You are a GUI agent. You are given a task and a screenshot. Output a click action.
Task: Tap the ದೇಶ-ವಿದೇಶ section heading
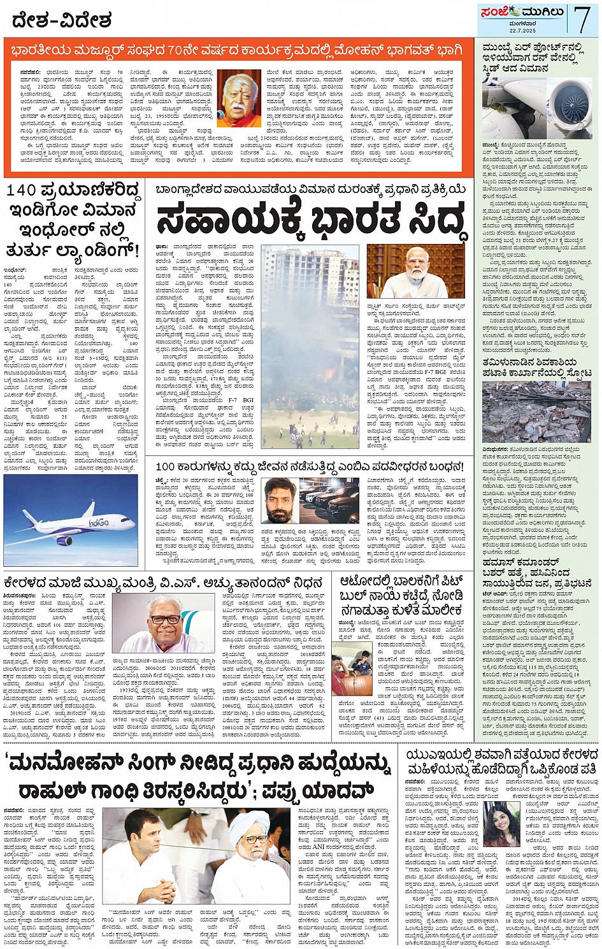point(62,20)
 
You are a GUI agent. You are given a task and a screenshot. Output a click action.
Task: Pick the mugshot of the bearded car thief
point(280,500)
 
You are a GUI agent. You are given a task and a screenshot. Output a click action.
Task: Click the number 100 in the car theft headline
point(165,467)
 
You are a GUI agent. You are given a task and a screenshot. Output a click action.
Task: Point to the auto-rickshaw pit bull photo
point(352,667)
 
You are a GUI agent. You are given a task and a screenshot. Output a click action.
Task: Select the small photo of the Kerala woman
point(501,822)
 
